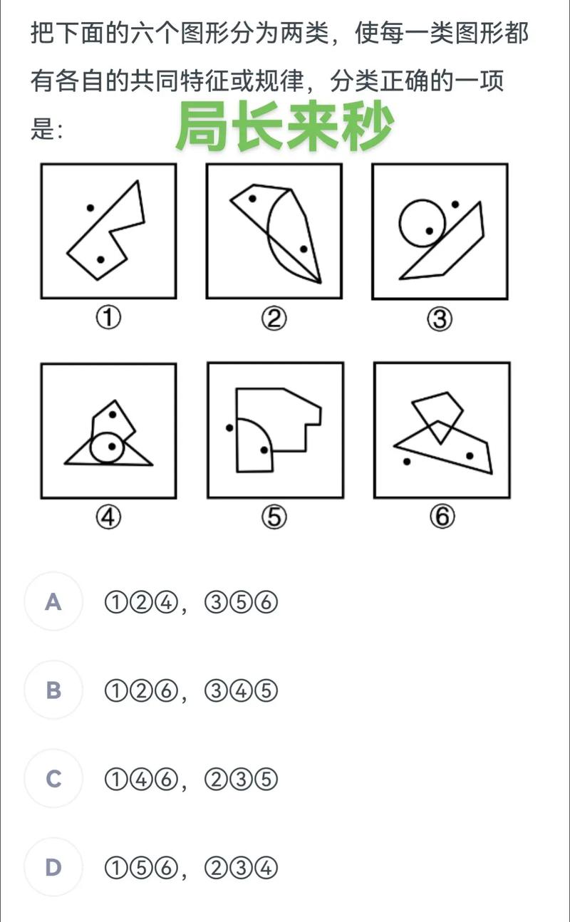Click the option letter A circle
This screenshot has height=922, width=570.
click(53, 601)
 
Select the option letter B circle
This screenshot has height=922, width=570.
click(53, 690)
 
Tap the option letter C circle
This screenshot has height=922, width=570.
click(53, 779)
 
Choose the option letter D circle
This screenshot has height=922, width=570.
click(53, 867)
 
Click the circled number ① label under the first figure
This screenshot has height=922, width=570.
click(108, 318)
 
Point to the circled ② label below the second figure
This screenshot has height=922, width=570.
click(274, 318)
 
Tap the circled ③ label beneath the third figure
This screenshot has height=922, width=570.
click(440, 319)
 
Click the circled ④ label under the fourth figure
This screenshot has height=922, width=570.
click(108, 517)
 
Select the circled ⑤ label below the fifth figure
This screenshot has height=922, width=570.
click(274, 517)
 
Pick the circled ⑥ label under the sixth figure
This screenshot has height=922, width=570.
click(442, 517)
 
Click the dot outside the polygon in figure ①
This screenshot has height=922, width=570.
click(90, 208)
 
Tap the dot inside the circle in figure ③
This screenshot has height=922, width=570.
click(429, 231)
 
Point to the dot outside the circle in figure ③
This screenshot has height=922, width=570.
click(455, 204)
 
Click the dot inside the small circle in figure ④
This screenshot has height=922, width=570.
click(112, 446)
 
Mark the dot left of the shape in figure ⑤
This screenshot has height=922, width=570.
click(229, 428)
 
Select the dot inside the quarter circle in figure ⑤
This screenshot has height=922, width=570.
click(264, 450)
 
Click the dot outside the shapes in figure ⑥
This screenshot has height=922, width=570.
click(407, 462)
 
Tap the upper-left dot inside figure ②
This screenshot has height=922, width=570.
click(253, 199)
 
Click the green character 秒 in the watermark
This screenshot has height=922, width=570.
click(367, 126)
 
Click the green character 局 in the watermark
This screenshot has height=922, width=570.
click(202, 126)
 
